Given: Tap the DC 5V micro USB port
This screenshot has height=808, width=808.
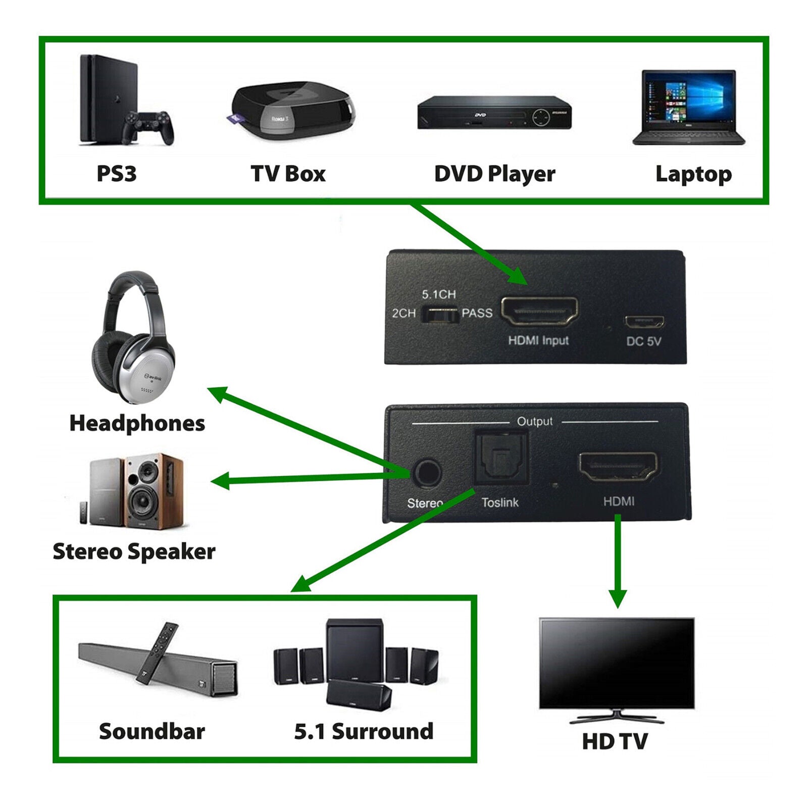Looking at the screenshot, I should (644, 322).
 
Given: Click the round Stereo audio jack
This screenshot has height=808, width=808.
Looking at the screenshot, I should (427, 473).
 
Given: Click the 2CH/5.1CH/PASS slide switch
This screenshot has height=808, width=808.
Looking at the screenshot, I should (439, 315).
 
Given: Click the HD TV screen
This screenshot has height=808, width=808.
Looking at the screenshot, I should (617, 662).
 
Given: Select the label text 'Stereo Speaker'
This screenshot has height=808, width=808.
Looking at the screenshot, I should (134, 551).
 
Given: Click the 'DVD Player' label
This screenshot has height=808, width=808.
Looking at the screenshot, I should (494, 174).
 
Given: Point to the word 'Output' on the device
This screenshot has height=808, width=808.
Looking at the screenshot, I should (534, 421).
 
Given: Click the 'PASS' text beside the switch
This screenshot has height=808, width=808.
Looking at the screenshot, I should (477, 313).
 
